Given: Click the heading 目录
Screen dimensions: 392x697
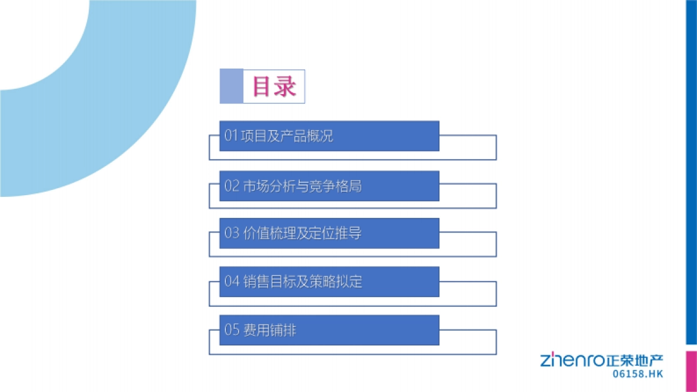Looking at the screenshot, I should click(274, 87).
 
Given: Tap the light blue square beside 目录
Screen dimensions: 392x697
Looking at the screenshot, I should click(231, 87).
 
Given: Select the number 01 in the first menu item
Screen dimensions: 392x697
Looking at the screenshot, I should click(231, 136).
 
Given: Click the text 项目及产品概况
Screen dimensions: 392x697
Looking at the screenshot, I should click(287, 136).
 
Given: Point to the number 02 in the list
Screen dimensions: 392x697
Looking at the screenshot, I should click(232, 186).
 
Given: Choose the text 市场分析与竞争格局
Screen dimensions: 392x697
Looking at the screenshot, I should click(301, 186).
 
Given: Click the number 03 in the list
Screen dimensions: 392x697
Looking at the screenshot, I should click(232, 233).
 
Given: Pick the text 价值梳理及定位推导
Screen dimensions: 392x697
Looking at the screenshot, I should click(301, 233).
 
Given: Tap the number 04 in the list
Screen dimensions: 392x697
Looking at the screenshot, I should click(232, 282).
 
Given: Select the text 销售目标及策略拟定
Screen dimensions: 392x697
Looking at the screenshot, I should click(301, 282).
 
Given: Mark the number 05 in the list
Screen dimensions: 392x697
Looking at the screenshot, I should click(232, 330).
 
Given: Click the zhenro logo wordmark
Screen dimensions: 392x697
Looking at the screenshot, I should click(573, 360).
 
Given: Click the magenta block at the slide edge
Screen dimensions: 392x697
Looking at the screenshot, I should click(691, 371).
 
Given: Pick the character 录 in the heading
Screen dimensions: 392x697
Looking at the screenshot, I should click(286, 87).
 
